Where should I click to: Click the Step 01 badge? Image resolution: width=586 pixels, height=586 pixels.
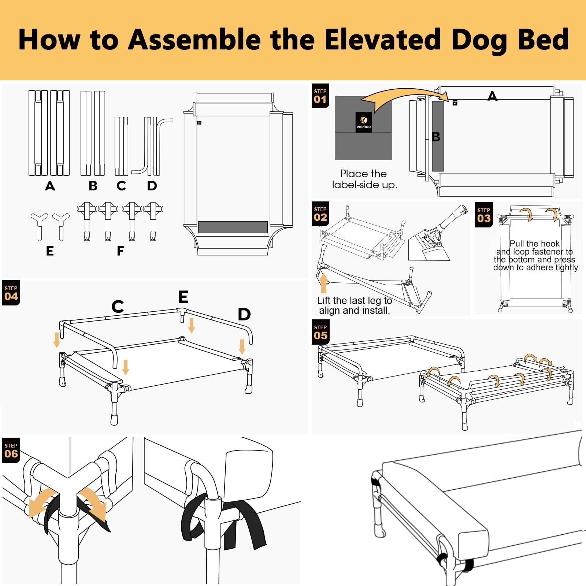tap(320, 96)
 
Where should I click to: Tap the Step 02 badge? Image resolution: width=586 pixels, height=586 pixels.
tap(320, 214)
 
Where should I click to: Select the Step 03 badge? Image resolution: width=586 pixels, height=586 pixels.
tap(483, 215)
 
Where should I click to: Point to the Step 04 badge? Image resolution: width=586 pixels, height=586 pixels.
tap(11, 293)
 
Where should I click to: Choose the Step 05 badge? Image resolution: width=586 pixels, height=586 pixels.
tap(320, 332)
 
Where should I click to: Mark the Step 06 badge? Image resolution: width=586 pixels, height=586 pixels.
tap(11, 450)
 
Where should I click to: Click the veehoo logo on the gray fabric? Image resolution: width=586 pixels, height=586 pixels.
tap(364, 122)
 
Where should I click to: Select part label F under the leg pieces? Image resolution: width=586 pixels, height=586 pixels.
tap(120, 251)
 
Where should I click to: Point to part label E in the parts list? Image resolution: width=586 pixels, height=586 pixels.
tap(50, 251)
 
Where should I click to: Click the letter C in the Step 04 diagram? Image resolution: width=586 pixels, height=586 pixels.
tap(118, 307)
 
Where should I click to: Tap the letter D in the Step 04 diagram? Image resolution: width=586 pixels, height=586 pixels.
tap(244, 314)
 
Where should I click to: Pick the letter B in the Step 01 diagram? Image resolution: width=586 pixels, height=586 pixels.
tap(436, 137)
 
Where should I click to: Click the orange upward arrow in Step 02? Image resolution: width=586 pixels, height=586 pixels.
tap(323, 283)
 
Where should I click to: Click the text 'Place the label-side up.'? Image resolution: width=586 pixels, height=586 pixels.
tap(364, 179)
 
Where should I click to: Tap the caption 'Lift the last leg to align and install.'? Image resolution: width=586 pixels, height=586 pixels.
tap(355, 305)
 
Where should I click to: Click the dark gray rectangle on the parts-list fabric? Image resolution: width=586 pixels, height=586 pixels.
tap(233, 227)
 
